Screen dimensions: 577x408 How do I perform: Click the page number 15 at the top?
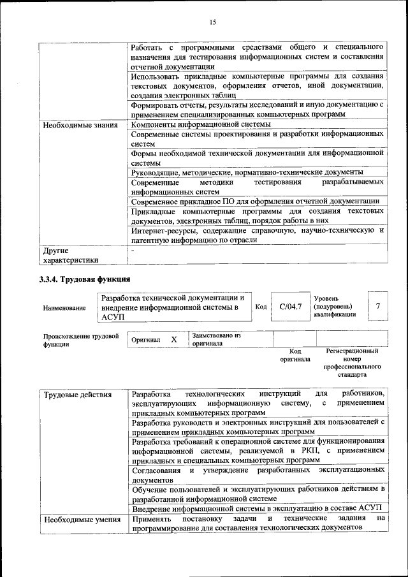213,22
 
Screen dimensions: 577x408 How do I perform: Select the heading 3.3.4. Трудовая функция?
85,279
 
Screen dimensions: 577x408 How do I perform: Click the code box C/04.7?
290,307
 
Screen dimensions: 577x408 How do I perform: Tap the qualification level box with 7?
378,307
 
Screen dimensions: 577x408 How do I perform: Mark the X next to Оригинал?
173,340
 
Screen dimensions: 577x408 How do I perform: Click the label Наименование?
64,308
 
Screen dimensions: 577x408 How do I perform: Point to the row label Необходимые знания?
80,125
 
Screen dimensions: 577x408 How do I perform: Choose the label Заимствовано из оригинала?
217,339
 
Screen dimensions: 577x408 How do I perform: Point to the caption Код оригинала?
295,355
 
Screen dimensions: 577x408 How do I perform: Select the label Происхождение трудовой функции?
81,340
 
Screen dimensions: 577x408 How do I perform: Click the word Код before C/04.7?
261,307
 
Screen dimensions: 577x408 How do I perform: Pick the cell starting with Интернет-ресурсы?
257,235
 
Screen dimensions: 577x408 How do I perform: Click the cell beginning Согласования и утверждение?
257,474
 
